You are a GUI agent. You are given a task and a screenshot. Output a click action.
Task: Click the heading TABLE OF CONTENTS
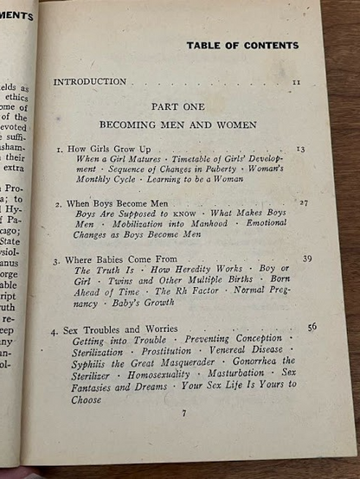(241, 46)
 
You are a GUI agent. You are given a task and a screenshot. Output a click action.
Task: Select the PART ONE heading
(177, 106)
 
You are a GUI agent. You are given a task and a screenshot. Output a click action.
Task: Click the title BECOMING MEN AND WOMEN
(177, 125)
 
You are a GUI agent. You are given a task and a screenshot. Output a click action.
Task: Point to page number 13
(300, 149)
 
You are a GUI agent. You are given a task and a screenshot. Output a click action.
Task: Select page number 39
(307, 259)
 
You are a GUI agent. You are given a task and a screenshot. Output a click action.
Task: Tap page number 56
(312, 326)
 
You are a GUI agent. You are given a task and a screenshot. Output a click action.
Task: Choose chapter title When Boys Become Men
(112, 203)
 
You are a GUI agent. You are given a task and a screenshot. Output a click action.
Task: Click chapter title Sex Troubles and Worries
(120, 329)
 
